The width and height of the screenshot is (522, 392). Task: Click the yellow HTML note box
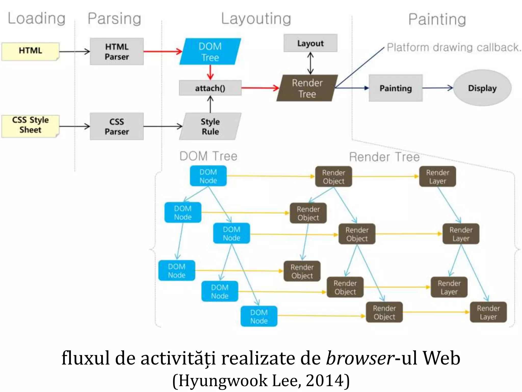click(x=30, y=51)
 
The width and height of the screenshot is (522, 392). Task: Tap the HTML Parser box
click(x=117, y=51)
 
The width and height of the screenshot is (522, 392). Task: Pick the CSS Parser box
click(x=117, y=126)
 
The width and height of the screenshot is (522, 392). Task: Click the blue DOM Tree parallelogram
click(x=210, y=52)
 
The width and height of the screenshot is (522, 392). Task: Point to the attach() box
click(x=210, y=88)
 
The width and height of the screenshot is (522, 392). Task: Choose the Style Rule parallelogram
click(x=210, y=126)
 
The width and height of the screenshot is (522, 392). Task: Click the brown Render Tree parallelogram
click(x=307, y=88)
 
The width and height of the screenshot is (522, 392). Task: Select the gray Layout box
click(x=310, y=43)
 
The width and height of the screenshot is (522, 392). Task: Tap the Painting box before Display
click(x=396, y=88)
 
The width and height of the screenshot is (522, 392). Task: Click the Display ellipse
click(x=482, y=88)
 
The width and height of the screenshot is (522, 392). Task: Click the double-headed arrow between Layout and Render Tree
click(x=310, y=63)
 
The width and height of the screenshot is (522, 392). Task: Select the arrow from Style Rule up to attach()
click(x=210, y=104)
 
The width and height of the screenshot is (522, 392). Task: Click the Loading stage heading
click(x=37, y=18)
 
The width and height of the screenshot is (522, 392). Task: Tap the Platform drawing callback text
click(x=454, y=47)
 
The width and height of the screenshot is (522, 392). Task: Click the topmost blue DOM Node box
click(x=208, y=176)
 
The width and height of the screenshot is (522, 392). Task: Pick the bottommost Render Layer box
click(x=488, y=312)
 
